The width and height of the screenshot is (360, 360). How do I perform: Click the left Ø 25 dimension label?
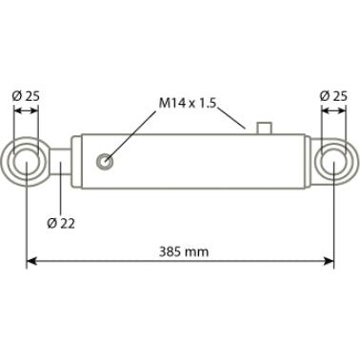click(26, 96)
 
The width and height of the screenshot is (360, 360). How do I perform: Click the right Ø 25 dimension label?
click(333, 96)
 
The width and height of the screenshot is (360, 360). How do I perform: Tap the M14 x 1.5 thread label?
click(188, 103)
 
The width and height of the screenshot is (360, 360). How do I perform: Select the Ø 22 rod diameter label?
click(61, 224)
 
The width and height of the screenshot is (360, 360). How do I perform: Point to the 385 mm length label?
click(184, 252)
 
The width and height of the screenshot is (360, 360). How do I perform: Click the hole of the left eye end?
click(26, 162)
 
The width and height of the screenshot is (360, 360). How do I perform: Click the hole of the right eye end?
click(333, 162)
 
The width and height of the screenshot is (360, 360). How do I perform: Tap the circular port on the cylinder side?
click(105, 162)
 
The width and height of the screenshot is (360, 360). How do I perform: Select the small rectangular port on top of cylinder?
click(264, 128)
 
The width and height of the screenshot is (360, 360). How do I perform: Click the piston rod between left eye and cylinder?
click(61, 162)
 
